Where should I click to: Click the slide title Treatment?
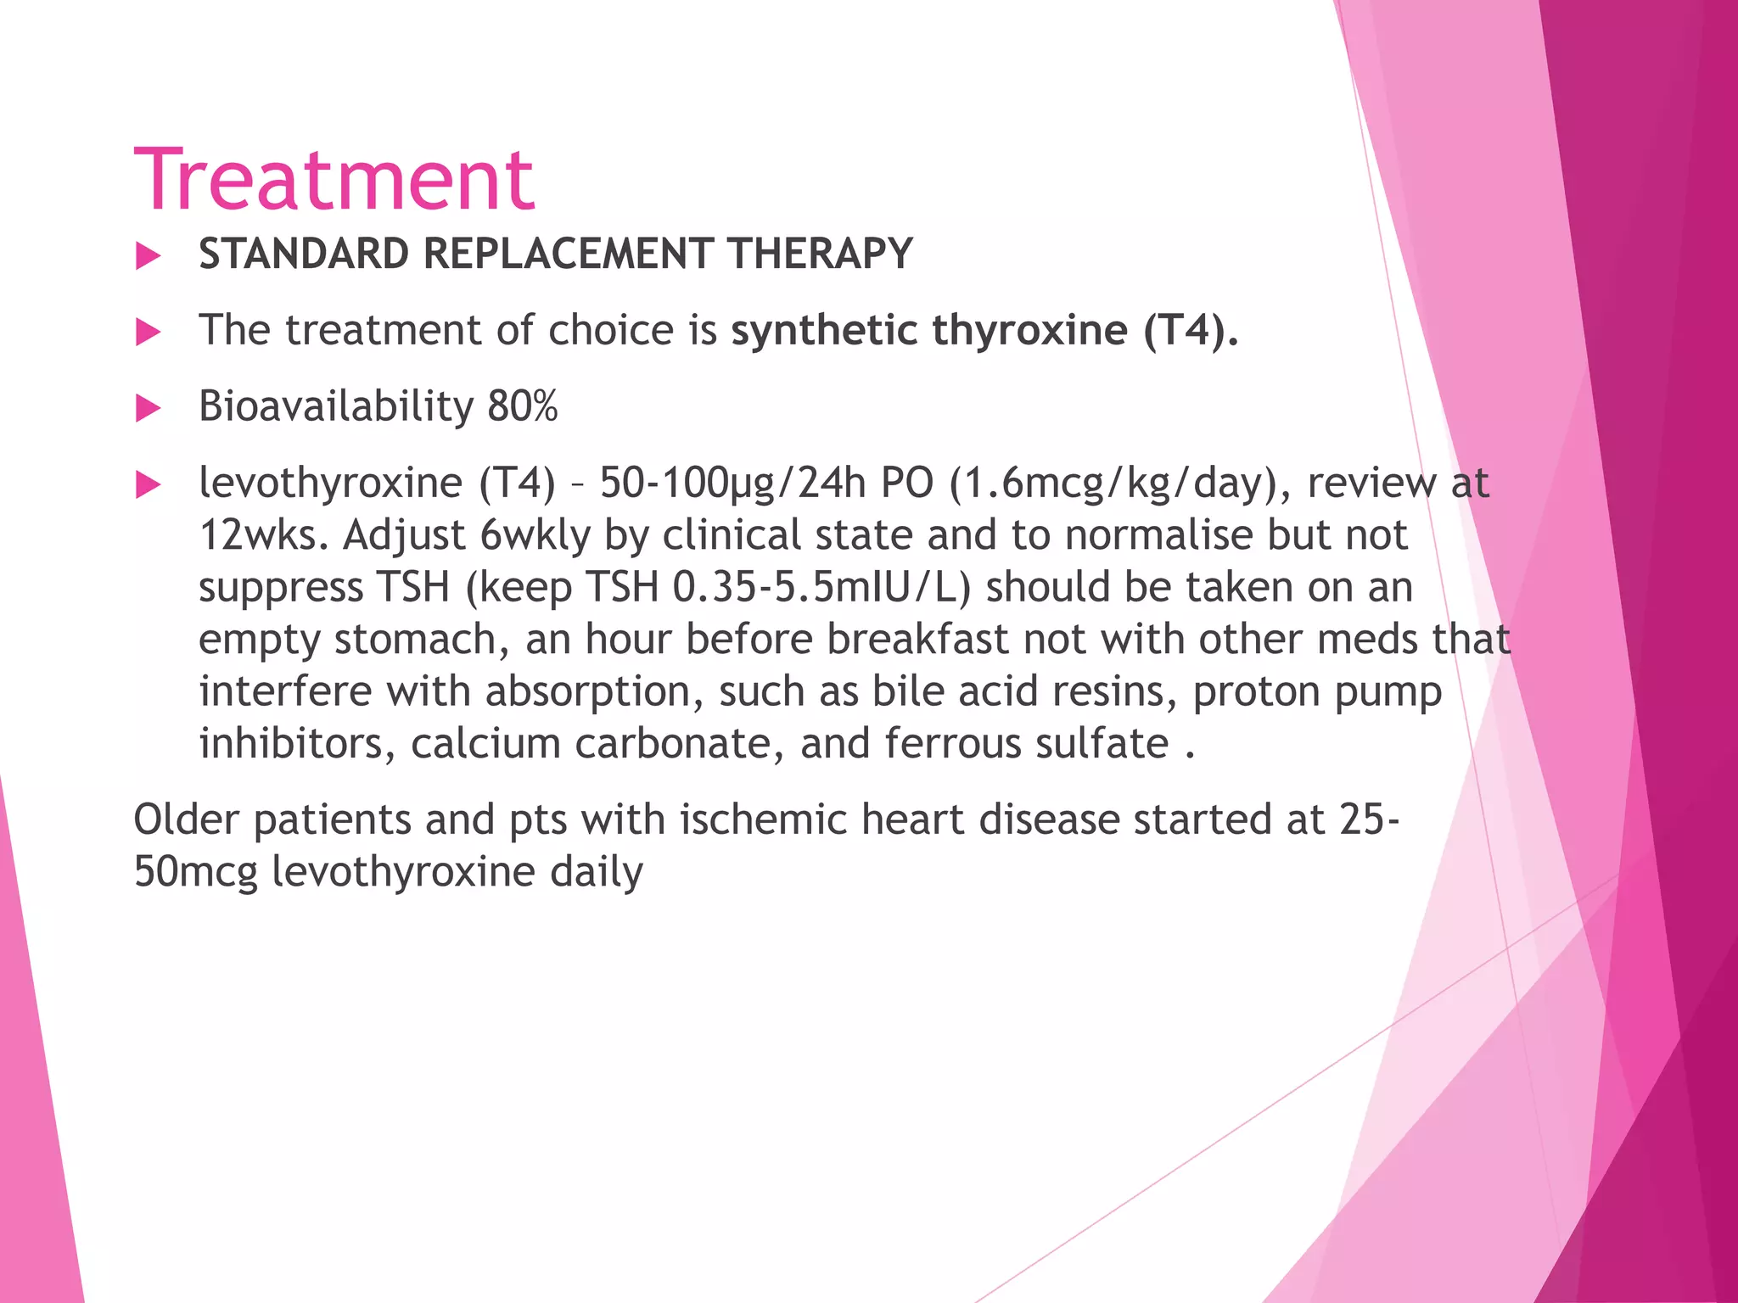[x=334, y=180]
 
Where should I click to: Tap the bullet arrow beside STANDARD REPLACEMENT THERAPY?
[x=149, y=255]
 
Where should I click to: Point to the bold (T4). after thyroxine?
[x=1191, y=330]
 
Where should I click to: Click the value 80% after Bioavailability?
[x=522, y=406]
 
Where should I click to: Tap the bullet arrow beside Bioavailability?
[x=149, y=408]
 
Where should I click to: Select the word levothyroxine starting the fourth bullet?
[x=330, y=483]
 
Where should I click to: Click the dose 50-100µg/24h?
[x=732, y=483]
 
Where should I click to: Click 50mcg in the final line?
[x=195, y=872]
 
